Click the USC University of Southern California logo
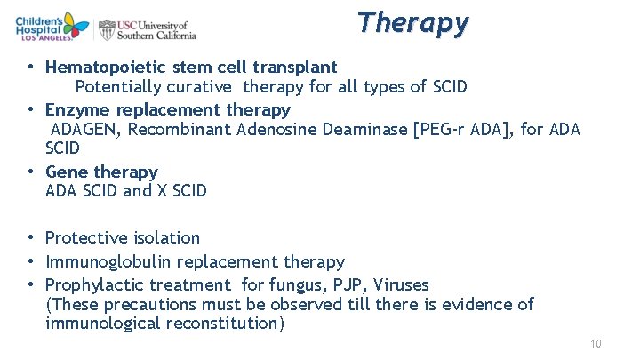147,29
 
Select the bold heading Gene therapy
101,172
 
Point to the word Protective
84,238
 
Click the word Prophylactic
94,285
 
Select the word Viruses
401,285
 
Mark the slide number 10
596,344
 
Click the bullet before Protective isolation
31,238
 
